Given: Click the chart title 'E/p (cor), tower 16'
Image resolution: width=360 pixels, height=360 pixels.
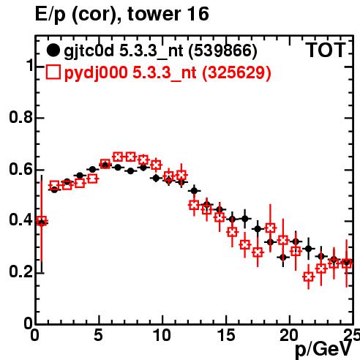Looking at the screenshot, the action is [x=122, y=14].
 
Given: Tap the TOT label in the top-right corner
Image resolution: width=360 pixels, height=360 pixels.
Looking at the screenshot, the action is [x=326, y=50].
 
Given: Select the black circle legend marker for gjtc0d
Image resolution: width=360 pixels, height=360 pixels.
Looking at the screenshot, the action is [x=53, y=50].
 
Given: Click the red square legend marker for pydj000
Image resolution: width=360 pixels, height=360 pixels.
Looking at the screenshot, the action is [x=53, y=72].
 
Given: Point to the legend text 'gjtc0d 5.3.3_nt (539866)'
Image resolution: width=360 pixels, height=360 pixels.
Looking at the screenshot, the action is [x=160, y=51].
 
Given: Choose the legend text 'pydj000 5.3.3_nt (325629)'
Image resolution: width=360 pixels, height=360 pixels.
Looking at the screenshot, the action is [x=168, y=72].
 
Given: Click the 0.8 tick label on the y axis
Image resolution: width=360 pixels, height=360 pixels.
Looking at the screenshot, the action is [x=20, y=117].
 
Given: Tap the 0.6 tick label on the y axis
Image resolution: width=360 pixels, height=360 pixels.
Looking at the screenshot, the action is [x=20, y=169].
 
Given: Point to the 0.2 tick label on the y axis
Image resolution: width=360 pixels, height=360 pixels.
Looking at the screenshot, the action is [x=20, y=272].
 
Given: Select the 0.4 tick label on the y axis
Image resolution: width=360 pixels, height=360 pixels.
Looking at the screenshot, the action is [x=20, y=220].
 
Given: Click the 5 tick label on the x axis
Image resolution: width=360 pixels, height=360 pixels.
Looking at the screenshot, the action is [x=98, y=335].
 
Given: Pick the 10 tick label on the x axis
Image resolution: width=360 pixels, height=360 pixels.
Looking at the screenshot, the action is [x=162, y=335].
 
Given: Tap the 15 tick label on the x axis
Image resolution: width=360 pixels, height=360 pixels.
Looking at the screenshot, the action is [x=226, y=335].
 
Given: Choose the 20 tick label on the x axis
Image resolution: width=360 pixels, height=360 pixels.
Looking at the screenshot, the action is [x=289, y=335].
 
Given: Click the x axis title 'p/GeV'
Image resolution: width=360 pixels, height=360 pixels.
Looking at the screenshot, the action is [x=323, y=350].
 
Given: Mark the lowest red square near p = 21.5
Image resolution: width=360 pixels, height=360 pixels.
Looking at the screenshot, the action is [x=309, y=277].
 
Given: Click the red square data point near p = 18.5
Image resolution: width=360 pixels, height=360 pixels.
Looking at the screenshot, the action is [x=270, y=228].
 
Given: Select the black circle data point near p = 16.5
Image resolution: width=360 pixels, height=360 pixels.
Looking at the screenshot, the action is [x=245, y=219].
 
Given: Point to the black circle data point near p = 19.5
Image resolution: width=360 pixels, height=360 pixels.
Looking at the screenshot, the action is [x=283, y=258].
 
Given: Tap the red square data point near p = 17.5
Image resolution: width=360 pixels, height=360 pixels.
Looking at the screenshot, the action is [x=258, y=252].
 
